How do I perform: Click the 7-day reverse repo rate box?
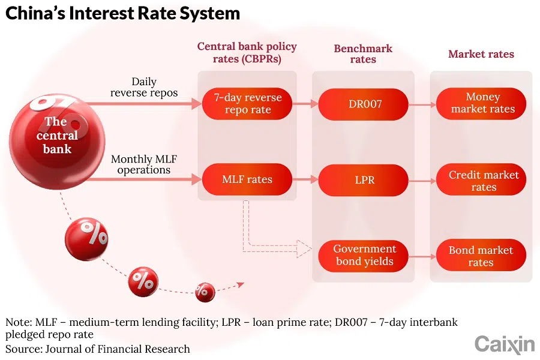[x=247, y=104]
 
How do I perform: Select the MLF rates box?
[x=247, y=179]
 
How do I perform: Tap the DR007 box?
[x=365, y=104]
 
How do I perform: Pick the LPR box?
[x=365, y=179]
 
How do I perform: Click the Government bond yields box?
[x=365, y=255]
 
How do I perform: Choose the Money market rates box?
[x=482, y=104]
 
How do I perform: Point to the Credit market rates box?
[x=482, y=181]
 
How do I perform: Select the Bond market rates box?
[x=482, y=256]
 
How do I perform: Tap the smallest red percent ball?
[x=205, y=292]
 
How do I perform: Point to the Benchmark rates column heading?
[x=363, y=54]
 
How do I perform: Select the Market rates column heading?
[x=481, y=54]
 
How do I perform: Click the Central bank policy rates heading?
[x=247, y=53]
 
